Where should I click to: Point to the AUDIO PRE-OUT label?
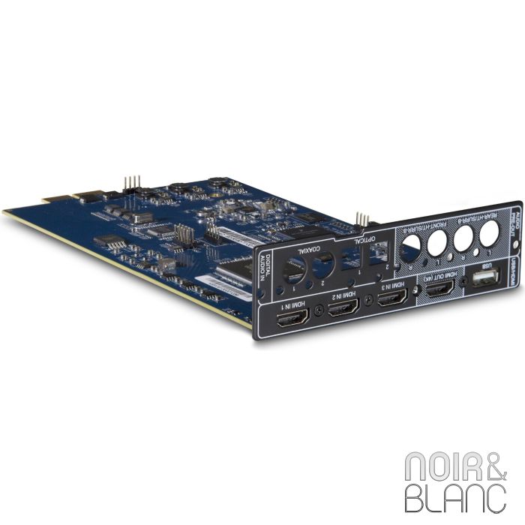point(517,217)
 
